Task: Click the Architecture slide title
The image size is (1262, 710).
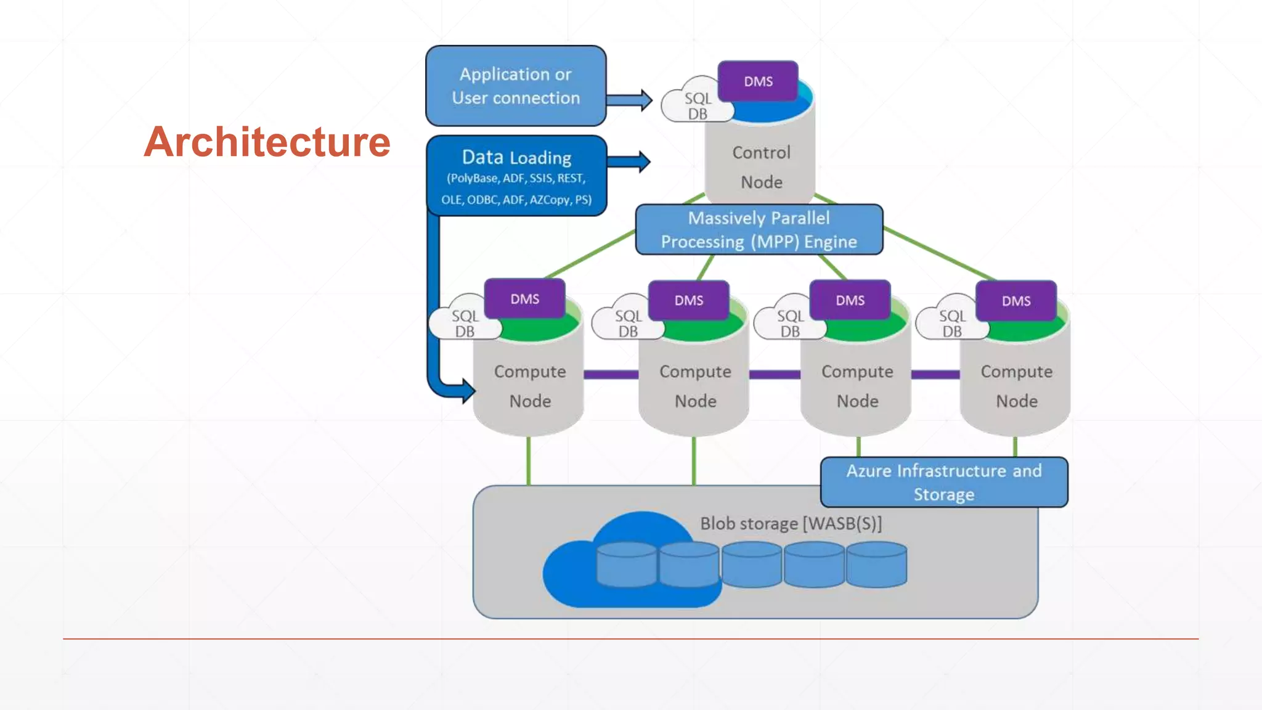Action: pyautogui.click(x=267, y=142)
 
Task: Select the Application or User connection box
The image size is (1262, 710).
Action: pyautogui.click(x=516, y=86)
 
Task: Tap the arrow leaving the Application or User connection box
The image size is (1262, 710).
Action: pyautogui.click(x=629, y=100)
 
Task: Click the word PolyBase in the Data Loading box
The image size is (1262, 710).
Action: pyautogui.click(x=473, y=179)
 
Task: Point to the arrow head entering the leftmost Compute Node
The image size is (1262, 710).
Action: pyautogui.click(x=468, y=390)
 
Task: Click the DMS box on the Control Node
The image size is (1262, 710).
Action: pyautogui.click(x=758, y=81)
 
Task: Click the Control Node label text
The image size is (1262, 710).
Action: pyautogui.click(x=761, y=167)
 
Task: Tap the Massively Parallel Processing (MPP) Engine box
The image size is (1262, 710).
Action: pyautogui.click(x=759, y=230)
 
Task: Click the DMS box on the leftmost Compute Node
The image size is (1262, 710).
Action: pyautogui.click(x=524, y=299)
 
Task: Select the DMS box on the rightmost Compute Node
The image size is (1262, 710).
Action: pyautogui.click(x=1016, y=301)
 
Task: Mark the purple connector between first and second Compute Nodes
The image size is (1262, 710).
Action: pyautogui.click(x=611, y=374)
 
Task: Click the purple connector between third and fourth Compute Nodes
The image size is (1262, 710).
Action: pyautogui.click(x=935, y=374)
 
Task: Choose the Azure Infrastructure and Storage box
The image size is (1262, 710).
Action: pyautogui.click(x=943, y=483)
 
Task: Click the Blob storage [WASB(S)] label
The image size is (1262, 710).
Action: pyautogui.click(x=791, y=523)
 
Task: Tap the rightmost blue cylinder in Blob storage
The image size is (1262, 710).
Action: pyautogui.click(x=876, y=565)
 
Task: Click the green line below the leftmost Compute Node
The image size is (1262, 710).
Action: pyautogui.click(x=528, y=461)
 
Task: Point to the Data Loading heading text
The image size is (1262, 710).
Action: pyautogui.click(x=516, y=158)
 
